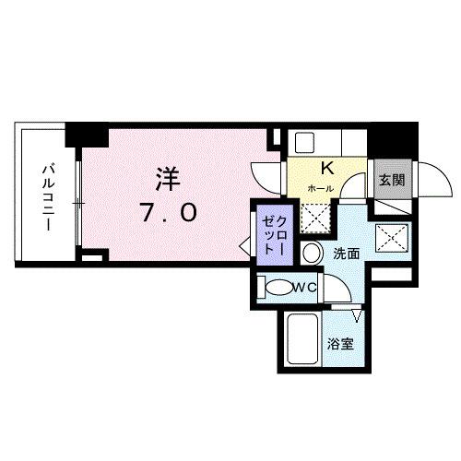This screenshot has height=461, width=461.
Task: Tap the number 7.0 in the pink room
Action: pyautogui.click(x=169, y=213)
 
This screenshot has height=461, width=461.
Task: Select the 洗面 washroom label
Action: pyautogui.click(x=347, y=254)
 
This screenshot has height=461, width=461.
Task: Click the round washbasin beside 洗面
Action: pyautogui.click(x=313, y=253)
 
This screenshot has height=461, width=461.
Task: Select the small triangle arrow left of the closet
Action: pyautogui.click(x=244, y=248)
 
